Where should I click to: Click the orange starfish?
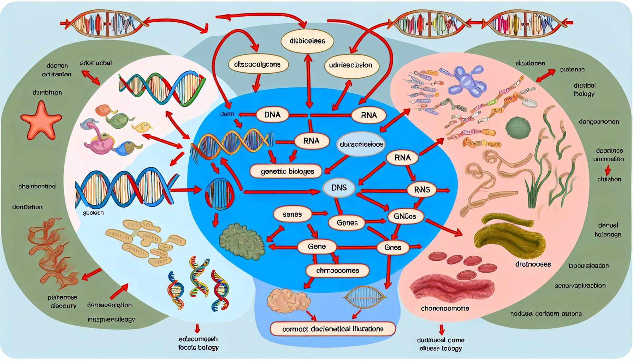click(41, 120)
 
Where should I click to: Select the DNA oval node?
click(272, 115)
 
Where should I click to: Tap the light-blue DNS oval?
click(339, 188)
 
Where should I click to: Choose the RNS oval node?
click(422, 190)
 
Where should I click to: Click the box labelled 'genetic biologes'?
click(287, 171)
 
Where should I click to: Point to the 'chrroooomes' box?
click(337, 271)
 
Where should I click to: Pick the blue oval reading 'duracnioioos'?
click(361, 144)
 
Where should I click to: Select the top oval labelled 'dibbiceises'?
click(307, 41)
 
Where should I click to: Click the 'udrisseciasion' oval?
click(351, 65)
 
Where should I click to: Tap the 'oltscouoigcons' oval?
click(258, 64)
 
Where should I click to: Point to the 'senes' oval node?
click(292, 215)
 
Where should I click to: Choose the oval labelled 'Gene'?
click(316, 246)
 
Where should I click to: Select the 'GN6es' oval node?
click(405, 216)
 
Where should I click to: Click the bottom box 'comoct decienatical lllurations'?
click(332, 329)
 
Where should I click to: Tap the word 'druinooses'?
click(533, 264)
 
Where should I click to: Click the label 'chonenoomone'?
click(445, 308)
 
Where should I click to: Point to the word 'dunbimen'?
click(47, 93)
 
